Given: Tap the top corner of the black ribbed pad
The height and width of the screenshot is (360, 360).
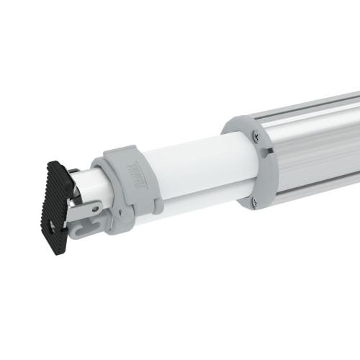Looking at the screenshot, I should coord(52,162).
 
